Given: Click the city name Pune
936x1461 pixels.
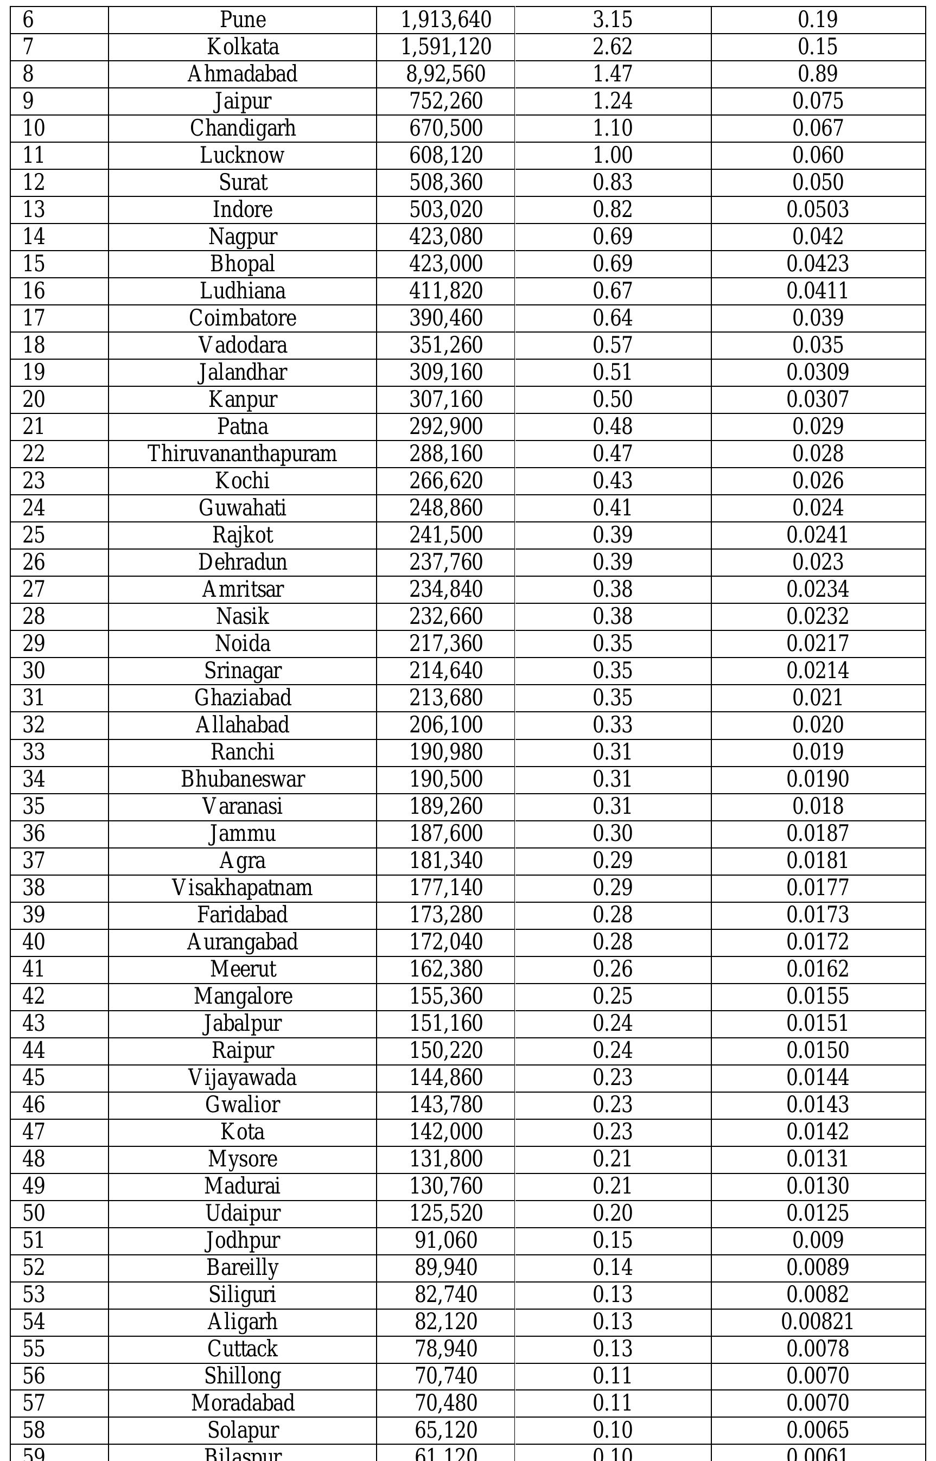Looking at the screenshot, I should tap(243, 20).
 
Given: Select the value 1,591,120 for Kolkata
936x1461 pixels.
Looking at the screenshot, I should tap(445, 47).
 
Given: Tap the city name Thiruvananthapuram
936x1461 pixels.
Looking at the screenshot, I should tap(243, 454).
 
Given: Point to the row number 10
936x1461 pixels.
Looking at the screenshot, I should tap(34, 128).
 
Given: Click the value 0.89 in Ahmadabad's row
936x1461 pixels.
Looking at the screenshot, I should tap(818, 74).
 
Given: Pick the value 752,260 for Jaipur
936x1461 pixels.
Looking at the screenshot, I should tap(445, 101).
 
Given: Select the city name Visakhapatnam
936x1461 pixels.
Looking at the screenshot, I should tap(243, 888).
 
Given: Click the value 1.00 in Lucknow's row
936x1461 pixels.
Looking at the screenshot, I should tap(613, 156).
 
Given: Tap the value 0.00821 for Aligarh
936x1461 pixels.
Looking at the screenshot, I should tap(818, 1322).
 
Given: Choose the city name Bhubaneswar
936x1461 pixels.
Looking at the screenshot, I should tap(243, 779).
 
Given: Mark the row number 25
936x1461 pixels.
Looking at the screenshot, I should tap(34, 535).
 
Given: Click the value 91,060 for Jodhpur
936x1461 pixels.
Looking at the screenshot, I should tap(445, 1240).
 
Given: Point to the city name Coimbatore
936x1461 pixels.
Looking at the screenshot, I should tap(243, 318).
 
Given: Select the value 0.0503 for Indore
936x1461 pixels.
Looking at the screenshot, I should tap(818, 209).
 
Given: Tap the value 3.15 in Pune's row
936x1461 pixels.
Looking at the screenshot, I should tap(613, 20).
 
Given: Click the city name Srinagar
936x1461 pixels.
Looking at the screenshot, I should tap(243, 671).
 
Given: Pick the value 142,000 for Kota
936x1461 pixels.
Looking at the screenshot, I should tap(445, 1132).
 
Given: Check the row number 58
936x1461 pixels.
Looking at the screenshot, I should tap(34, 1430).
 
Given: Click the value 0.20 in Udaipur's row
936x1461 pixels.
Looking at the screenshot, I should tap(613, 1214).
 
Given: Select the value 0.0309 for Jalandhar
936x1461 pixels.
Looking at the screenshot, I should tap(818, 373).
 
